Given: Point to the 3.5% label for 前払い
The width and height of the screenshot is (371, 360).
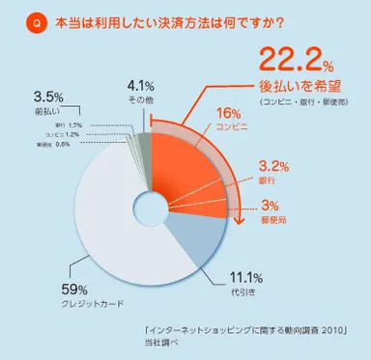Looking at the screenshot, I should [x=49, y=97].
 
